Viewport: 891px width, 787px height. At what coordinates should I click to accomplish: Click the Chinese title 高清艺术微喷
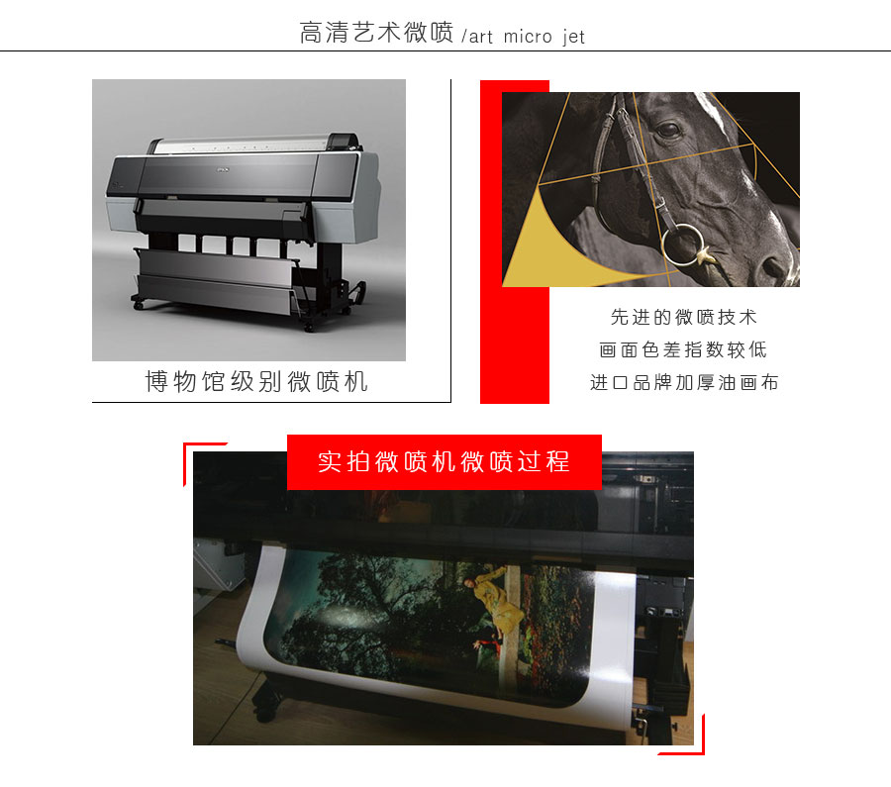tap(376, 33)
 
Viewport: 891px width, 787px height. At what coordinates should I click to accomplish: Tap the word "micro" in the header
tap(528, 37)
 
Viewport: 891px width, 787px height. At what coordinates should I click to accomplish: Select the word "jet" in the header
tap(574, 37)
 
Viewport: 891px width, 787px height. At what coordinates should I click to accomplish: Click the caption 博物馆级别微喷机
tap(256, 381)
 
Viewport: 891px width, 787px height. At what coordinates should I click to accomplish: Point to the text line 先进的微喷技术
tap(683, 317)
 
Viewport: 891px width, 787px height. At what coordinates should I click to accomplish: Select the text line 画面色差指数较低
tap(683, 349)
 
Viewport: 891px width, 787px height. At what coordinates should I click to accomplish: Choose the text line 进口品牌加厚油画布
tap(684, 382)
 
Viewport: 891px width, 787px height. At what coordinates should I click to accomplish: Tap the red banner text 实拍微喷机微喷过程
tap(444, 461)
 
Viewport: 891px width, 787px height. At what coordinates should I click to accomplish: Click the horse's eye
tap(668, 130)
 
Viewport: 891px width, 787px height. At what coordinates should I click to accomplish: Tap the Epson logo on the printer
tap(222, 168)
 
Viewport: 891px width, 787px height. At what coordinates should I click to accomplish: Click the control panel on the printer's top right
tap(343, 140)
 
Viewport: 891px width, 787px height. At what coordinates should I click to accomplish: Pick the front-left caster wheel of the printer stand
tap(138, 306)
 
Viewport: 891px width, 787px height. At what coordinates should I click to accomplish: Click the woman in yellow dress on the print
tap(496, 604)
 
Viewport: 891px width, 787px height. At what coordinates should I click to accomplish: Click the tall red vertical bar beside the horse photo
tap(514, 242)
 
